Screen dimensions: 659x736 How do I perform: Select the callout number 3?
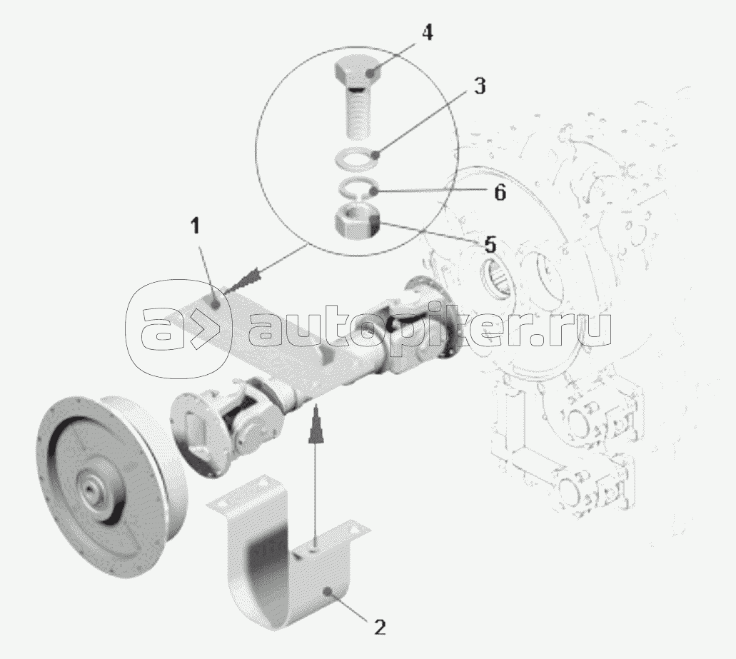coord(480,86)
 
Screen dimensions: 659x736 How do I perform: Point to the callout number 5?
coord(490,245)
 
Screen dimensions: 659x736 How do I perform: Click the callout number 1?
coord(195,226)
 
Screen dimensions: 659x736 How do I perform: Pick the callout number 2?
coord(379,627)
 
